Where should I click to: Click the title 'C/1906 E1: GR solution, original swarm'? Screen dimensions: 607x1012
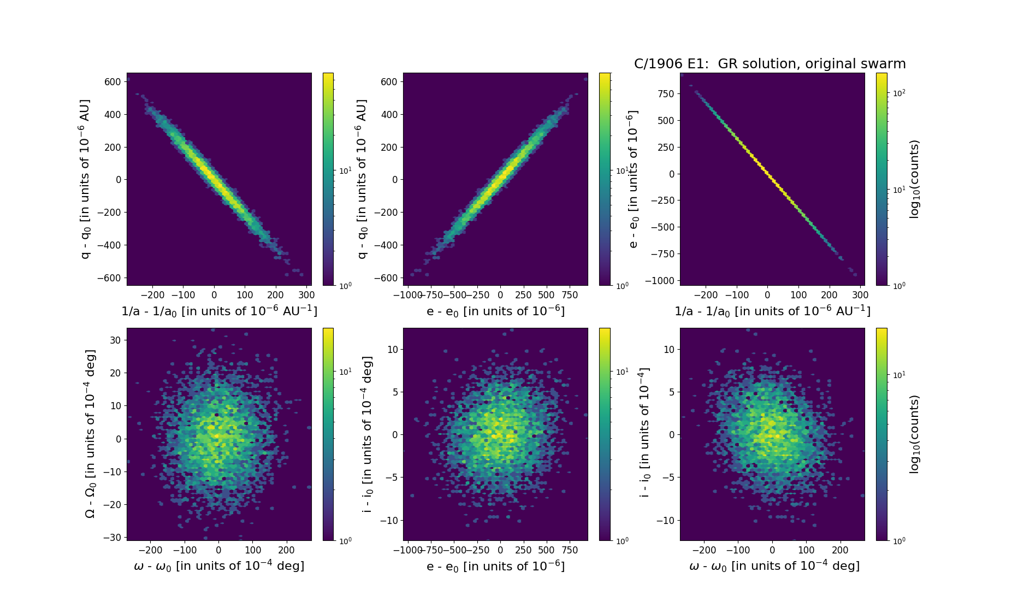pyautogui.click(x=770, y=64)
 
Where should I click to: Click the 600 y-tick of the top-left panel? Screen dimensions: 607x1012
pyautogui.click(x=113, y=82)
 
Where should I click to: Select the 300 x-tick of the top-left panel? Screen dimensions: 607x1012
pyautogui.click(x=306, y=295)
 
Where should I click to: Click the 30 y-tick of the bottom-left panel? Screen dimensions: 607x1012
pyautogui.click(x=115, y=340)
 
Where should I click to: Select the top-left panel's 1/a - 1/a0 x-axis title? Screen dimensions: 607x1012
pyautogui.click(x=219, y=311)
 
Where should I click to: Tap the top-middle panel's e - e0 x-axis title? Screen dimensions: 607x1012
pyautogui.click(x=495, y=311)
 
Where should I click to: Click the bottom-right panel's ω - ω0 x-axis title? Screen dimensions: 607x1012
pyautogui.click(x=774, y=566)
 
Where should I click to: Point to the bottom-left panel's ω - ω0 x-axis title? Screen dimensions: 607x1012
pyautogui.click(x=219, y=566)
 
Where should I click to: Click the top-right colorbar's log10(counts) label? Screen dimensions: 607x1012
pyautogui.click(x=914, y=179)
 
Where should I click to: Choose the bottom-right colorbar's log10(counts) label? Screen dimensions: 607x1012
pyautogui.click(x=914, y=434)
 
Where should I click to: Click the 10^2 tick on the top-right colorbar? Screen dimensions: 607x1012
pyautogui.click(x=899, y=93)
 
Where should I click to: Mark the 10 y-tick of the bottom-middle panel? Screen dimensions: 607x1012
pyautogui.click(x=393, y=349)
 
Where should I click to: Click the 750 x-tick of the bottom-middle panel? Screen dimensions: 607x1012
pyautogui.click(x=570, y=550)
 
